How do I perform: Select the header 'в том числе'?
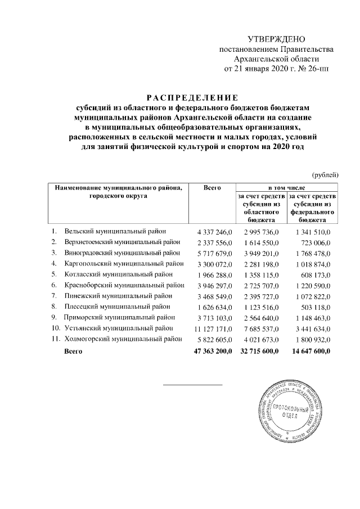pyautogui.click(x=287, y=187)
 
